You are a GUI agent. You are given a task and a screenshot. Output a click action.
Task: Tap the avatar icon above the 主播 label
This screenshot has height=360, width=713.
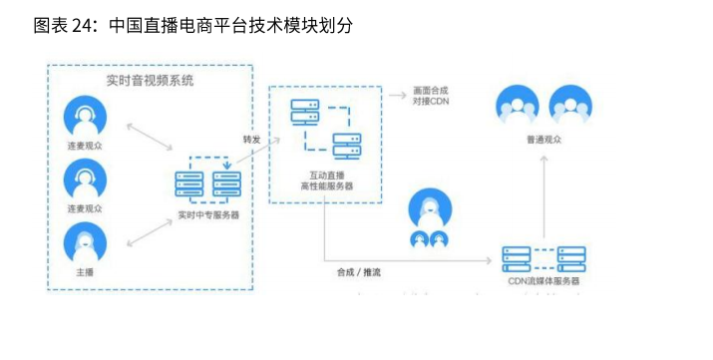point(85,242)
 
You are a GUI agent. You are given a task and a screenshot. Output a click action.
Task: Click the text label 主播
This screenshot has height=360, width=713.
point(85,271)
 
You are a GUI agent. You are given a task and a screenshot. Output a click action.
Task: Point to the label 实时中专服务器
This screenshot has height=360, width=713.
point(207,214)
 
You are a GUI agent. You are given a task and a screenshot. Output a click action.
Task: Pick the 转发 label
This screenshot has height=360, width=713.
point(251,139)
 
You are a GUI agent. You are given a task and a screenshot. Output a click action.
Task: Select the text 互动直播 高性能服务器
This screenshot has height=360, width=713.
point(325,180)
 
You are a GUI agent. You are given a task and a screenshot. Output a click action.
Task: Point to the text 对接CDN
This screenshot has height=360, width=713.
point(432,101)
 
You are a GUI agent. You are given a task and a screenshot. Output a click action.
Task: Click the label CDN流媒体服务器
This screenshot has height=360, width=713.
point(543,282)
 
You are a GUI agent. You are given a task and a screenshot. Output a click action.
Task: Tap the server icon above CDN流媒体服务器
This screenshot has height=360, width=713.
point(543,257)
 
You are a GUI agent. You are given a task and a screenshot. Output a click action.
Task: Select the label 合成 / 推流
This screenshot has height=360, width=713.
point(358,271)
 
